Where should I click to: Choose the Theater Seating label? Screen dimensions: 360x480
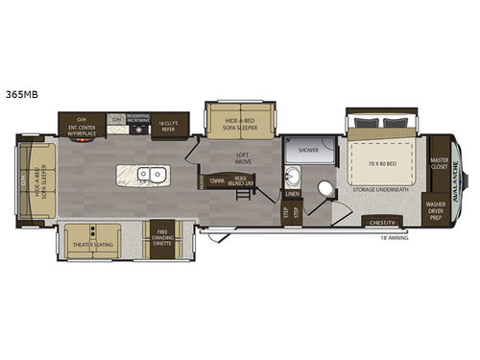91,245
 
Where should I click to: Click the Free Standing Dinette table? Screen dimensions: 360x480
158,241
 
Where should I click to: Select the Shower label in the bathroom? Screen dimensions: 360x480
307,151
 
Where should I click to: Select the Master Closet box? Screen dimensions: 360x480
440,165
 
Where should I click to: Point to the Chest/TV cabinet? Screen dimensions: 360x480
379,223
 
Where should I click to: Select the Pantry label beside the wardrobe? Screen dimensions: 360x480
201,176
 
